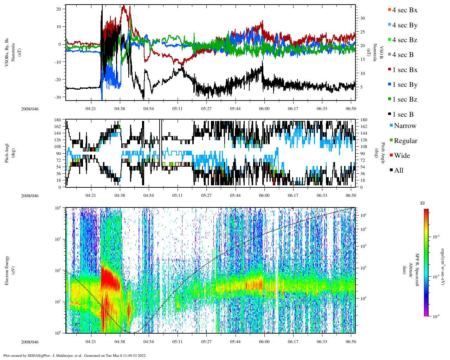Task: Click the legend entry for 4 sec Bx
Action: coord(405,10)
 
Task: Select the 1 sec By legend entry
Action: coord(405,85)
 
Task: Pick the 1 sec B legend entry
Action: coord(403,115)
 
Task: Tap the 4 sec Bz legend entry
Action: coord(405,40)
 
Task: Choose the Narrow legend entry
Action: coord(405,126)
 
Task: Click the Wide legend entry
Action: coord(401,156)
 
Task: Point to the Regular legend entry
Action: coord(405,141)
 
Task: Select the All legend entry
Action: coord(398,171)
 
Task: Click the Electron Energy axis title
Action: coord(7,270)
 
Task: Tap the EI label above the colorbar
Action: coord(423,203)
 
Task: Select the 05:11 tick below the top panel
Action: coord(177,109)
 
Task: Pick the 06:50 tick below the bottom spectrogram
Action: coord(351,342)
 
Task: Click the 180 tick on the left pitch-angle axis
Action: coord(57,120)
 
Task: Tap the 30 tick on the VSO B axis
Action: coord(363,18)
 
